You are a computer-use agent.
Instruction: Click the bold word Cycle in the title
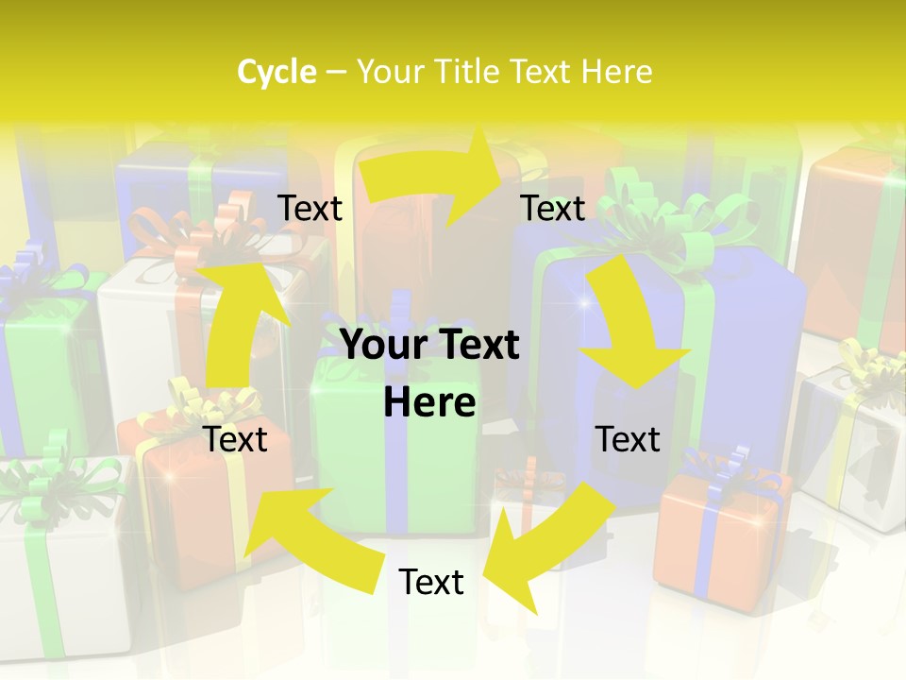(x=277, y=72)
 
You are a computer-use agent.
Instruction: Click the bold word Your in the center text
(x=381, y=346)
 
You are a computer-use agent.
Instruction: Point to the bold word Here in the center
(x=429, y=403)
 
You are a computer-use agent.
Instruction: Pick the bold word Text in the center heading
(x=475, y=346)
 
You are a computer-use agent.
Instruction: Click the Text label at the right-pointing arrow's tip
(x=553, y=208)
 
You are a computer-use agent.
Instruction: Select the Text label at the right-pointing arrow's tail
(x=310, y=208)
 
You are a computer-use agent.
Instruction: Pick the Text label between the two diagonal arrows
(x=431, y=582)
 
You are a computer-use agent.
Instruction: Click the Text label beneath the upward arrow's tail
(x=236, y=439)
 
